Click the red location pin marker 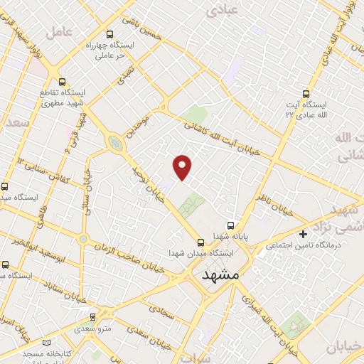click(183, 166)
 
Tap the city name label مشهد click(223, 274)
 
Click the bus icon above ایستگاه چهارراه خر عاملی click(109, 33)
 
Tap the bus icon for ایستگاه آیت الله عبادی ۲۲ click(306, 93)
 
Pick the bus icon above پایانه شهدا click(229, 223)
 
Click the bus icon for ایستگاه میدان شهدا click(200, 242)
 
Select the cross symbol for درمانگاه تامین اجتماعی click(304, 233)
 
